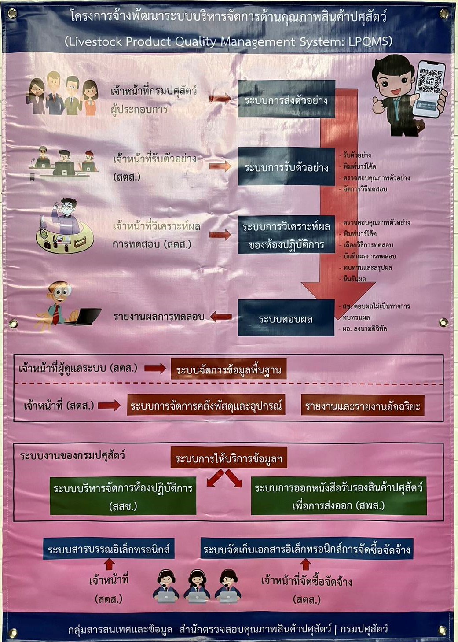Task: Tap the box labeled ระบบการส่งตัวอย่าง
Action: point(286,100)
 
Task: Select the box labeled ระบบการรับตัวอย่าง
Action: point(286,167)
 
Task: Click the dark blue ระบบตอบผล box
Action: point(286,318)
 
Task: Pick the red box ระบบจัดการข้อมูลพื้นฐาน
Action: point(228,369)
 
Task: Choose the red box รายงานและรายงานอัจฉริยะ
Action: point(363,406)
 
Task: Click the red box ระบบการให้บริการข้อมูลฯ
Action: point(229,458)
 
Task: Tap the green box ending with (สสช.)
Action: point(123,496)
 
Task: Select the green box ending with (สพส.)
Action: point(338,496)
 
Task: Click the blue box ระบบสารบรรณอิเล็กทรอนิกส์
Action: point(109,549)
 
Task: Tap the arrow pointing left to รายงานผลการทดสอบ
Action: point(221,316)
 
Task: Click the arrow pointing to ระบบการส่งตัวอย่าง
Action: point(220,98)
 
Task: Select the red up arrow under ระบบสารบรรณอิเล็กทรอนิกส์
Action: point(109,564)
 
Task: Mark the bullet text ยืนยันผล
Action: point(355,279)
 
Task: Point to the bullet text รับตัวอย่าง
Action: point(357,155)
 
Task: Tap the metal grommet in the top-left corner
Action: point(12,14)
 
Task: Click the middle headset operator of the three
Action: point(197,586)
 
